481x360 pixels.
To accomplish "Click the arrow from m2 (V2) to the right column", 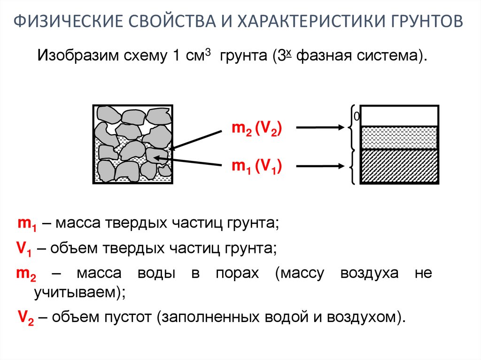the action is [319, 127].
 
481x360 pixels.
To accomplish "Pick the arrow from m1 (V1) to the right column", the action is [319, 165].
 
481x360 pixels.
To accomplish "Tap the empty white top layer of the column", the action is [399, 115].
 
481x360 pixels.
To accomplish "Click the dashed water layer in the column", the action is [399, 138].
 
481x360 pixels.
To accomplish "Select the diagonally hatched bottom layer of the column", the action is [399, 166].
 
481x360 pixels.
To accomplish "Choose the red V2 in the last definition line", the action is [25, 317].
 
